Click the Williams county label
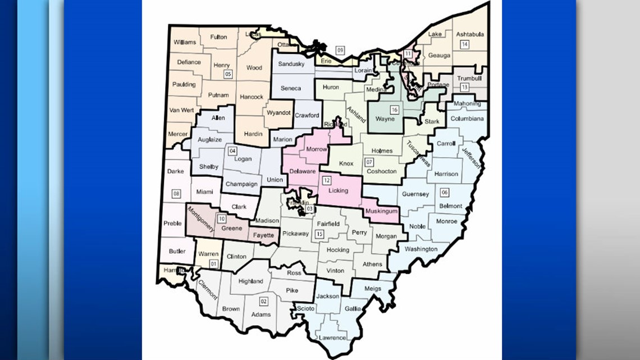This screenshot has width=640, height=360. click(185, 43)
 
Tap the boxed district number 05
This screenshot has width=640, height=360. click(227, 74)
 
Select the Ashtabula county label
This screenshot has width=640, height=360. click(469, 34)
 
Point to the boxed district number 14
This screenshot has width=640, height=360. click(464, 44)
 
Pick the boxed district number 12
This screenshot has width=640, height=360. click(326, 180)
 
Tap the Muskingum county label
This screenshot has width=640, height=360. click(381, 211)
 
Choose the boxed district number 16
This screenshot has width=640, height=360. click(395, 110)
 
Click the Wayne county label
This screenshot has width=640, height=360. click(385, 119)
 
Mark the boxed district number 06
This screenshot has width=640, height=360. click(445, 192)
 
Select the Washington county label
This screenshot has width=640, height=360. click(420, 249)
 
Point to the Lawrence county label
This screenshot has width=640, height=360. click(330, 338)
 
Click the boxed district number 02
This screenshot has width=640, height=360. click(263, 301)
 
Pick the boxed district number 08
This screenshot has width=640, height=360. click(176, 194)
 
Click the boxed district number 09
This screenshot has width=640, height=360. click(340, 50)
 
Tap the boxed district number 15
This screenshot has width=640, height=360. click(319, 234)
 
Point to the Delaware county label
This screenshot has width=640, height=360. click(303, 171)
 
